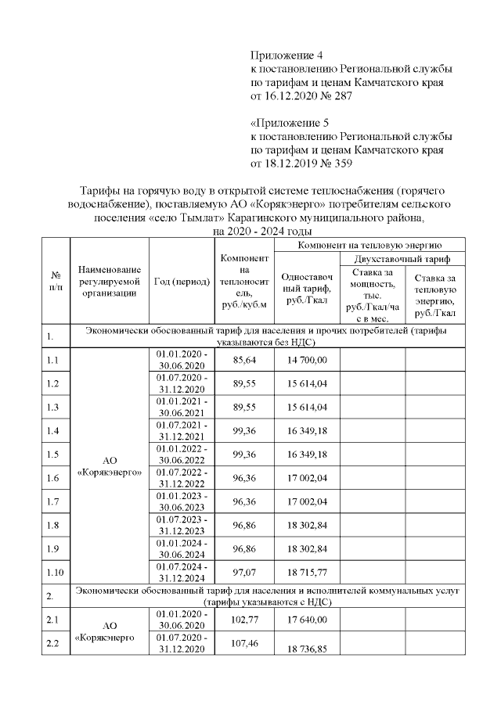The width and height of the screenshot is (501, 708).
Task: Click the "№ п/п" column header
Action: tap(56, 281)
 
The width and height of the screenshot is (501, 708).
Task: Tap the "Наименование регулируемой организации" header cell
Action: tap(110, 281)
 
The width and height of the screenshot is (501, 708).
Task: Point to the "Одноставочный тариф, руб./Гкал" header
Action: tap(307, 288)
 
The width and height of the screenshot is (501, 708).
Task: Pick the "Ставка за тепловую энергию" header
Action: tap(435, 294)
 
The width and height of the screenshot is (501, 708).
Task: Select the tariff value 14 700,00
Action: tap(307, 359)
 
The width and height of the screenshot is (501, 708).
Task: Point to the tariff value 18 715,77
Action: tap(307, 574)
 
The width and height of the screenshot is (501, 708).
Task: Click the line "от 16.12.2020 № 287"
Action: tap(301, 95)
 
